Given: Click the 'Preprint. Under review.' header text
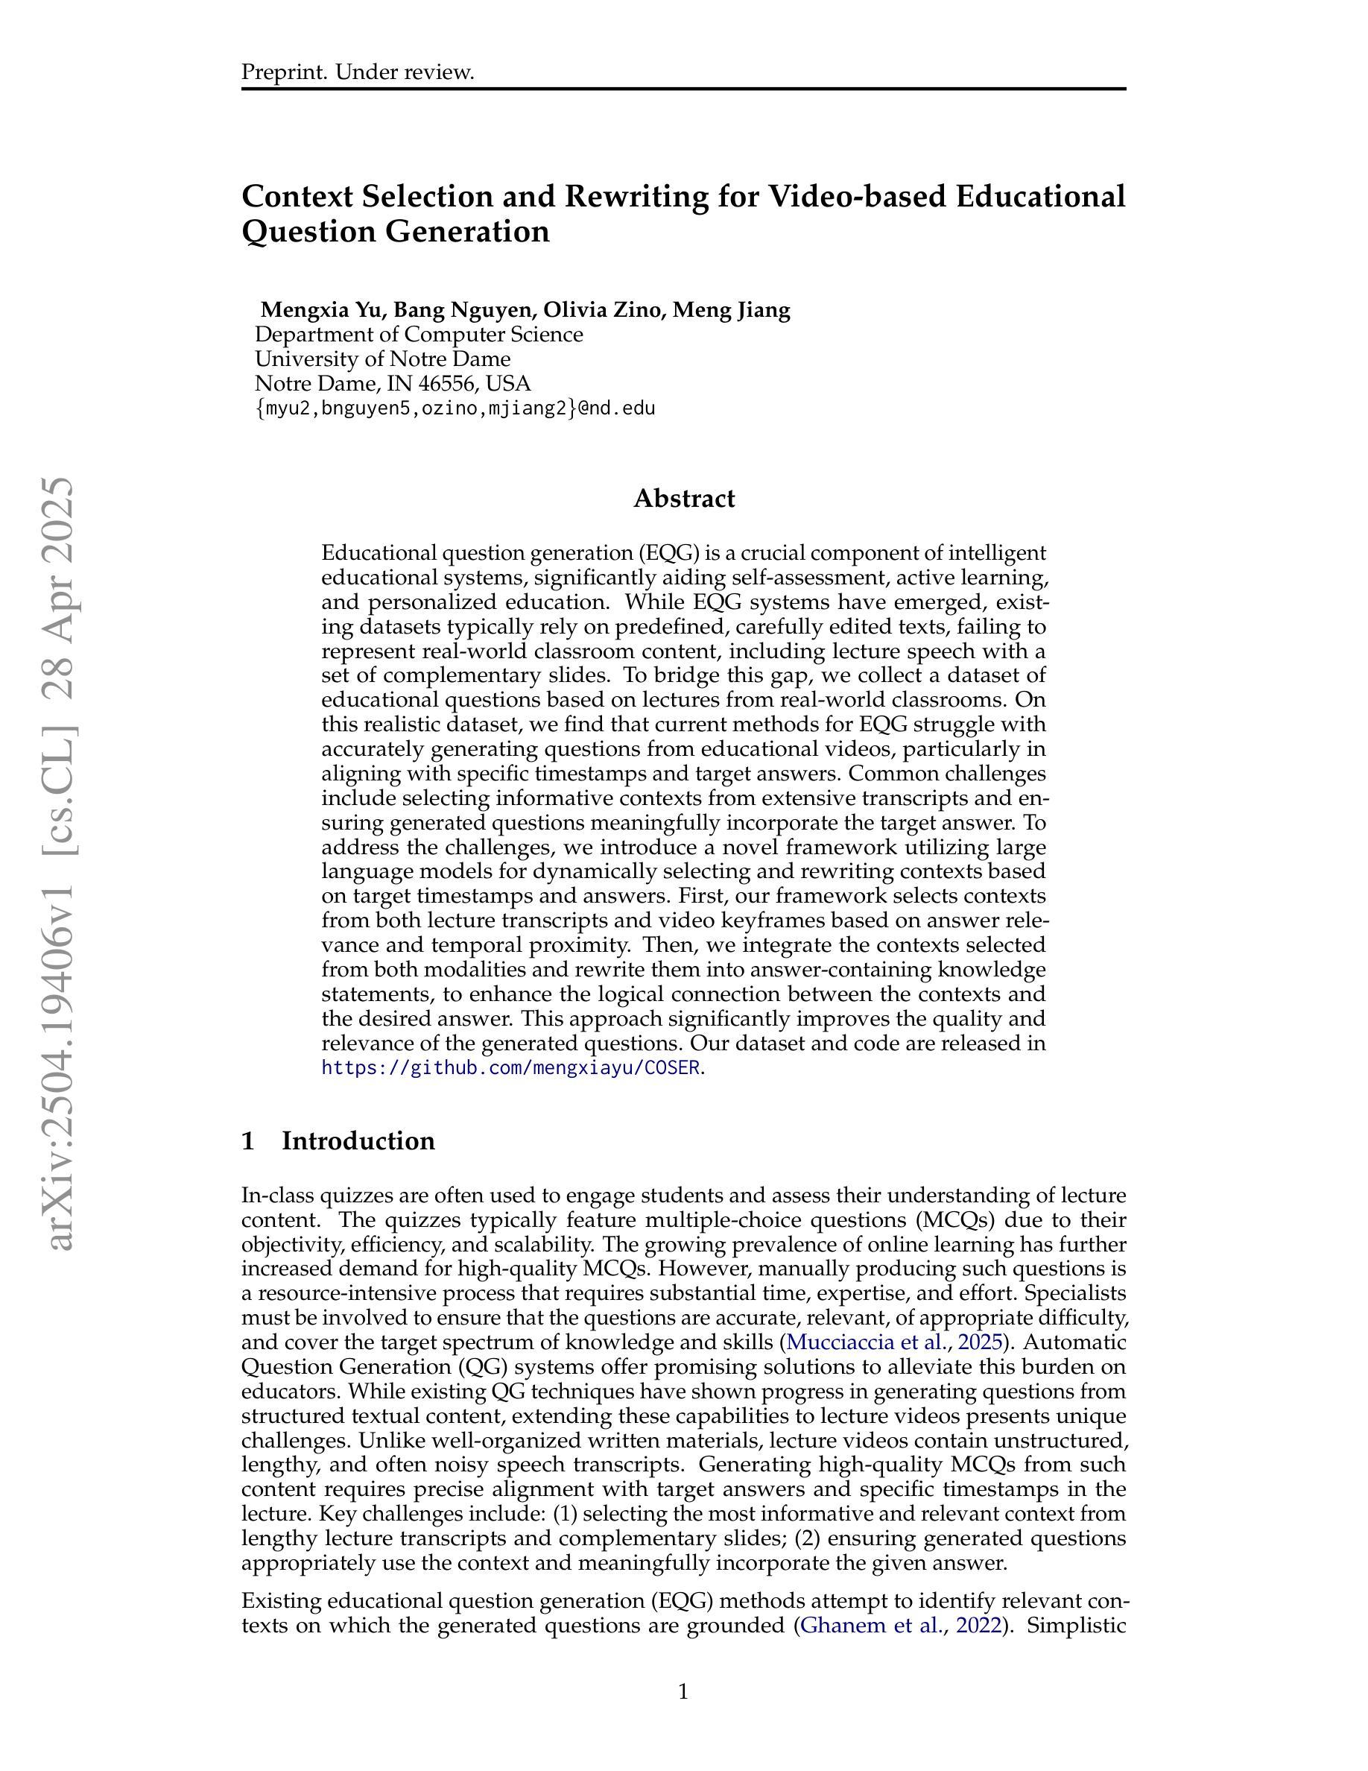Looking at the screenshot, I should tap(358, 72).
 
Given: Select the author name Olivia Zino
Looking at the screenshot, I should tap(601, 310).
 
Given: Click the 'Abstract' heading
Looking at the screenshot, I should tap(684, 498).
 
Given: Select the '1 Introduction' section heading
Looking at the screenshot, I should tap(338, 1140).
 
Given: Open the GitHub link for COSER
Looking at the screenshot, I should tap(510, 1068).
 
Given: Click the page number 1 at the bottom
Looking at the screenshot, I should tap(683, 1691).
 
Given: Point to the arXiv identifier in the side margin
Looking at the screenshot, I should tap(61, 864).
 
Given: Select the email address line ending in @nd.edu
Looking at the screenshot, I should tap(455, 408).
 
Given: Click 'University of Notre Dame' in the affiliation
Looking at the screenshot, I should tap(382, 359).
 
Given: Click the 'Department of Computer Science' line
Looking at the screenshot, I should tap(418, 334).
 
